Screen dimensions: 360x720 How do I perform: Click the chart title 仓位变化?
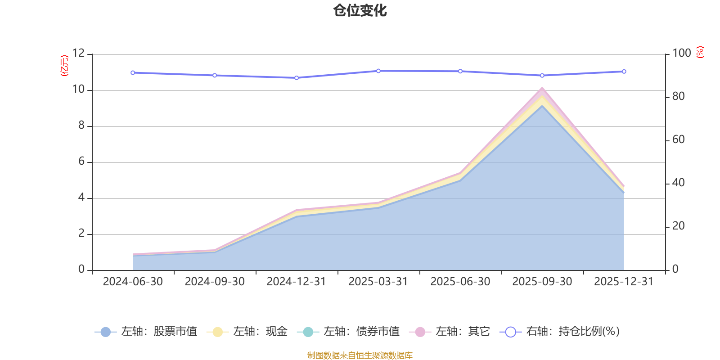pyautogui.click(x=360, y=10)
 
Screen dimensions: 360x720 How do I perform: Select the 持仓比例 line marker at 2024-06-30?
pyautogui.click(x=133, y=72)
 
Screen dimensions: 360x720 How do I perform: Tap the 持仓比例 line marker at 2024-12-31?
pyautogui.click(x=297, y=78)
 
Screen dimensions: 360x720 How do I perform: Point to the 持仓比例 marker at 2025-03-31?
pyautogui.click(x=378, y=71)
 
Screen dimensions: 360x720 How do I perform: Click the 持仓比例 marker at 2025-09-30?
pyautogui.click(x=542, y=76)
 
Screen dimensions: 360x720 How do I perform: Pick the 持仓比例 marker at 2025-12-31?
pyautogui.click(x=624, y=72)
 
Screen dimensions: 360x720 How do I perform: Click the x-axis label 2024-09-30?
pyautogui.click(x=215, y=282)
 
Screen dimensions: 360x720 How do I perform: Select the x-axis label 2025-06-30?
pyautogui.click(x=460, y=282)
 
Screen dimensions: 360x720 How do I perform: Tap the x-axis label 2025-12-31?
pyautogui.click(x=624, y=282)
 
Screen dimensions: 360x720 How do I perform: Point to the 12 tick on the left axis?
pyautogui.click(x=79, y=54)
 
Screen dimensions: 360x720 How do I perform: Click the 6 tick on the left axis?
pyautogui.click(x=81, y=162)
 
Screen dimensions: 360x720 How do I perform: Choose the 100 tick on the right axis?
pyautogui.click(x=682, y=54)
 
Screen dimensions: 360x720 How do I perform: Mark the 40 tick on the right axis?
pyautogui.click(x=679, y=183)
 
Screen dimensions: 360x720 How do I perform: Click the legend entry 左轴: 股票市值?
pyautogui.click(x=146, y=332)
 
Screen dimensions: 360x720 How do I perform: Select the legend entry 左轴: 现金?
pyautogui.click(x=247, y=332)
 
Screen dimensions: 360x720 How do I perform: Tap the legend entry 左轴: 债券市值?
pyautogui.click(x=348, y=332)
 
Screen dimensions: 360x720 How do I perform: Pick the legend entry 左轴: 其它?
pyautogui.click(x=450, y=332)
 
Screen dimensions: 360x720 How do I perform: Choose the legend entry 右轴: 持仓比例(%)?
pyautogui.click(x=560, y=332)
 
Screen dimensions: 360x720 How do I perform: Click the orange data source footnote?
pyautogui.click(x=360, y=355)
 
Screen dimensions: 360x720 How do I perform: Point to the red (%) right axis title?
pyautogui.click(x=700, y=52)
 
